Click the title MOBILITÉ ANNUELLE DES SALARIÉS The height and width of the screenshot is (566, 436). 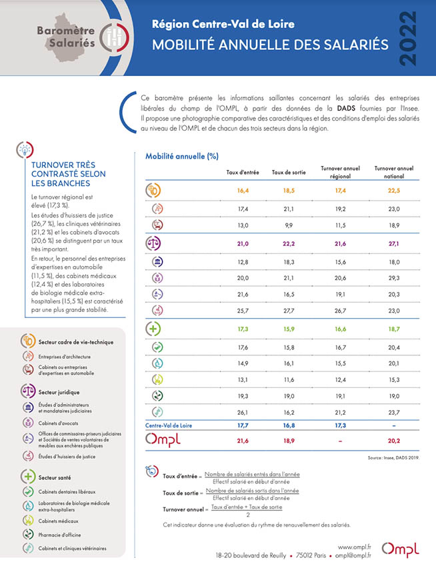[270, 45]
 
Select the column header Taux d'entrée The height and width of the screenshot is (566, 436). [242, 172]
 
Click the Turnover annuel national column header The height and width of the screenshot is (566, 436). [394, 172]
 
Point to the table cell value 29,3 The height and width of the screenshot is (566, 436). [394, 277]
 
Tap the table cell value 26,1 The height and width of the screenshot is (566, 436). [242, 412]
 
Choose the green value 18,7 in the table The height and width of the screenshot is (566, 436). [394, 329]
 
